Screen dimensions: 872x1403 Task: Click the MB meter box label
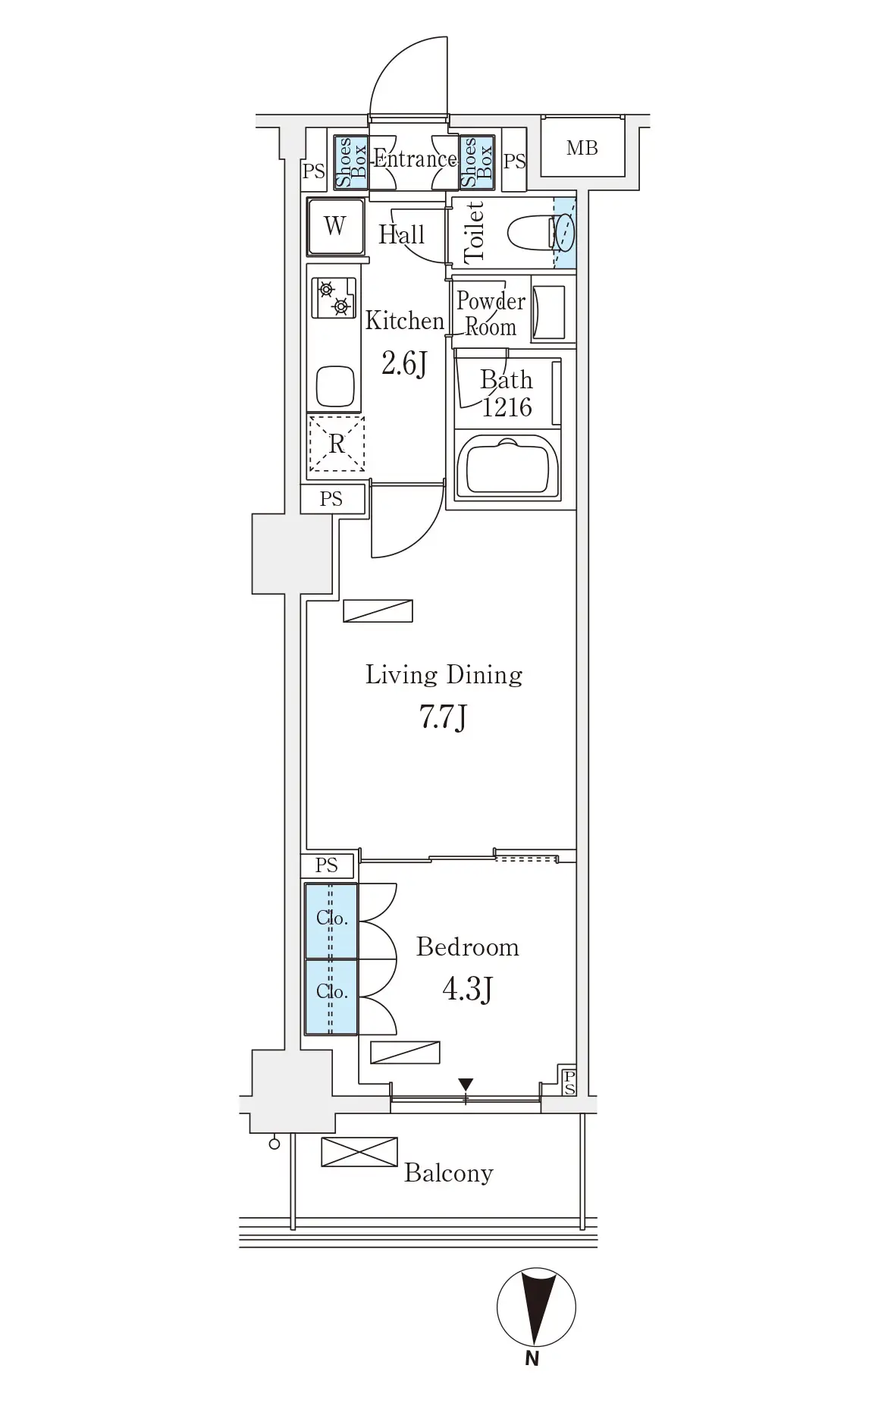coord(582,149)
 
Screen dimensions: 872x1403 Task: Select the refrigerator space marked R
coord(336,443)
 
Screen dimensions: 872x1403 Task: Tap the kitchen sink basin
coord(334,387)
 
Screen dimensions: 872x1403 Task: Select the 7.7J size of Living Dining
coord(442,717)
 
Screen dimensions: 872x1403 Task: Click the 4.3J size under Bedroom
coord(467,989)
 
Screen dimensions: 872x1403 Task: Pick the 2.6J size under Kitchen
coord(404,364)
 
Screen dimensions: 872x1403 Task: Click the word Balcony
coord(449,1173)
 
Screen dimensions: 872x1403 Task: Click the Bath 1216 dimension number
coord(507,408)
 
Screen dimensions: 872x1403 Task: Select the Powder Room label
coord(491,314)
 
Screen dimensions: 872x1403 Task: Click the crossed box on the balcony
coord(359,1152)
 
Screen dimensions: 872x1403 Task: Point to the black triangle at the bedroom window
coord(466,1085)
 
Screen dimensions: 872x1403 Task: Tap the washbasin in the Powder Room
coord(549,312)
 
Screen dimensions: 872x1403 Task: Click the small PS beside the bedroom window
coord(569,1082)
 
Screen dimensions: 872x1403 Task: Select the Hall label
coord(401,234)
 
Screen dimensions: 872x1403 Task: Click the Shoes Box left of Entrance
coord(351,162)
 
